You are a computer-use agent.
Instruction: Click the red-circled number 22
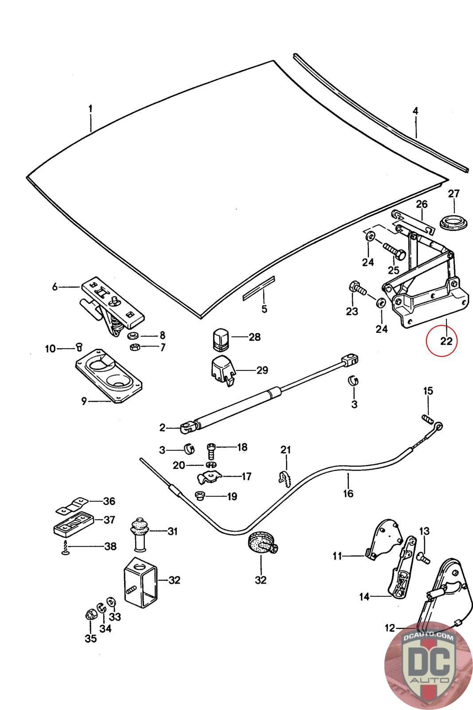point(446,341)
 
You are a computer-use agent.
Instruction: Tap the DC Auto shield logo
point(428,666)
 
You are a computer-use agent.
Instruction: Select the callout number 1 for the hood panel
point(90,109)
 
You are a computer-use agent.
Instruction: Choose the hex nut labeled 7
point(134,347)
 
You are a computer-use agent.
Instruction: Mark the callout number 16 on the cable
point(348,493)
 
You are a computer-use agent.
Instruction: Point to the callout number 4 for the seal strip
point(415,110)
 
